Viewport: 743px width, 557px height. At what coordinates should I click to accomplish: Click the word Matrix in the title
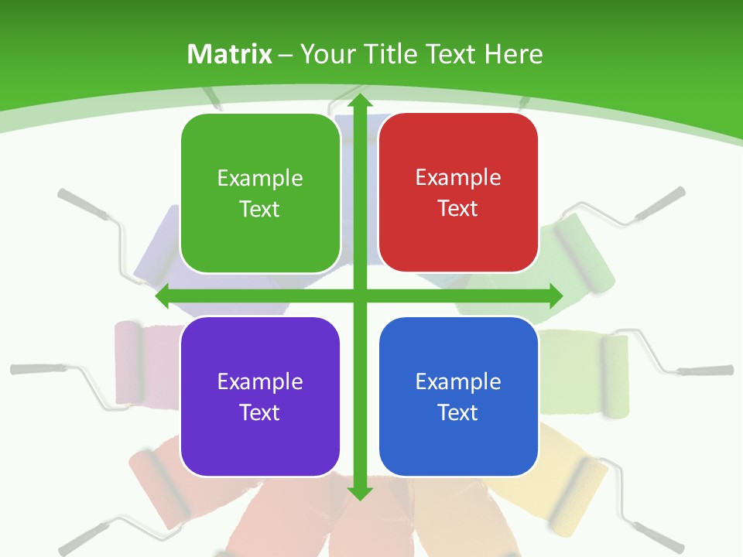tap(230, 54)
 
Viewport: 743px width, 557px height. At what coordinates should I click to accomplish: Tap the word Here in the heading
tap(513, 54)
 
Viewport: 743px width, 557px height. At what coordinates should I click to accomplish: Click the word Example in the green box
tap(260, 179)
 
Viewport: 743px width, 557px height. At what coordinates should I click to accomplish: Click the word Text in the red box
tap(458, 209)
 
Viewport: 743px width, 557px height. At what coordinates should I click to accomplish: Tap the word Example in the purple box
tap(260, 381)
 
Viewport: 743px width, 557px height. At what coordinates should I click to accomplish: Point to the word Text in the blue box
tap(458, 412)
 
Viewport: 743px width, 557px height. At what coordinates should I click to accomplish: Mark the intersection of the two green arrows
tap(358, 296)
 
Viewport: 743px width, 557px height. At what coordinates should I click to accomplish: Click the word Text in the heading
tap(448, 54)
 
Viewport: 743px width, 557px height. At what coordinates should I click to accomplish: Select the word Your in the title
tap(321, 54)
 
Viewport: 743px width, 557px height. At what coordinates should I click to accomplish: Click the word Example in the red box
tap(458, 178)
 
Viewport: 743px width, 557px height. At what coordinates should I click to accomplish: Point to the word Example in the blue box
tap(458, 381)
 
